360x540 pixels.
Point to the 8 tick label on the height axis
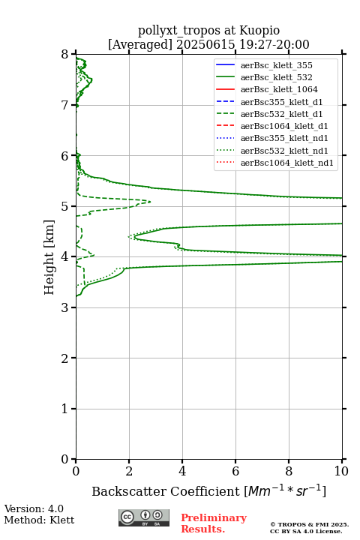pos(65,55)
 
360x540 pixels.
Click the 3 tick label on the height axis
pos(65,307)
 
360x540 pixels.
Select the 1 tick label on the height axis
pos(65,409)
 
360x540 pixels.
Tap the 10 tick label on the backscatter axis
pos(341,471)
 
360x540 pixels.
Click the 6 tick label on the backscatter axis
pos(235,471)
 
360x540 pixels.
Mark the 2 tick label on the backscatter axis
pos(129,471)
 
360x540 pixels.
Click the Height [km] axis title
pos(49,257)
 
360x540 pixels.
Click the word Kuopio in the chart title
pos(259,31)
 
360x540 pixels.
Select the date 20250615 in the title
pos(205,44)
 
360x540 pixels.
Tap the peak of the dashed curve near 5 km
pos(151,202)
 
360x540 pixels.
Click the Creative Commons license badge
pos(144,517)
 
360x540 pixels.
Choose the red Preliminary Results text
pos(214,523)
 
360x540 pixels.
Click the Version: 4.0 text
pos(34,508)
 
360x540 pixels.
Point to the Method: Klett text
pos(39,520)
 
